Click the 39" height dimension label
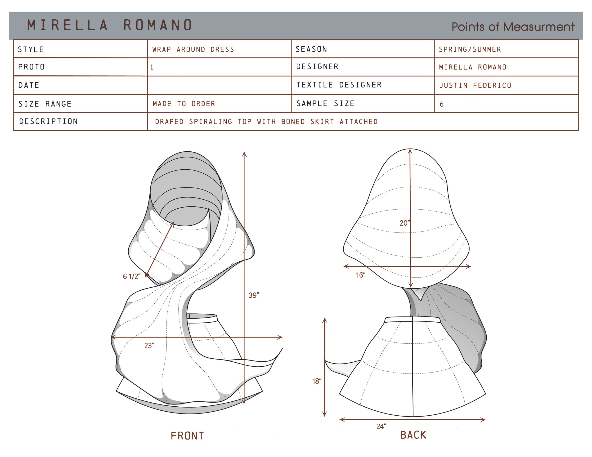click(x=254, y=295)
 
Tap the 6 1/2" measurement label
click(x=132, y=277)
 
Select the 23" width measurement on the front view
click(x=149, y=345)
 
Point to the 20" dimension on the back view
click(x=405, y=223)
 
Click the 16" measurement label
click(x=360, y=275)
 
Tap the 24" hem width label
click(x=381, y=426)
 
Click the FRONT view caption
click(x=187, y=436)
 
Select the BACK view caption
click(x=413, y=435)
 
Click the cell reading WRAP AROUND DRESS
click(x=193, y=49)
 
